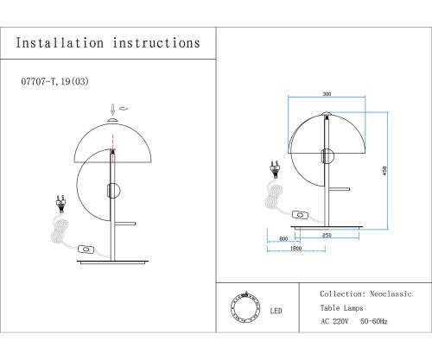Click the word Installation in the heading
(x=60, y=43)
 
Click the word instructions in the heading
(x=156, y=43)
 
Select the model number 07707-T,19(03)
(x=54, y=81)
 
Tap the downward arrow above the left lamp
(x=113, y=110)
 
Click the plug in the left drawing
(x=60, y=203)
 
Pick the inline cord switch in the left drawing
(x=86, y=249)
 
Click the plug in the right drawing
(x=275, y=169)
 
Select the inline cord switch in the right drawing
(x=300, y=215)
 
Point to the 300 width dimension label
(x=327, y=94)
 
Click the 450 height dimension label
(x=384, y=171)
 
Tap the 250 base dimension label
(x=327, y=235)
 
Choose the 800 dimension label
(x=283, y=239)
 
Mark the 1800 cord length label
(x=295, y=248)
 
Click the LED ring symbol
(x=245, y=307)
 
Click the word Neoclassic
(x=391, y=294)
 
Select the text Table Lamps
(x=342, y=308)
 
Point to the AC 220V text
(x=334, y=321)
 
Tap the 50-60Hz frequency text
(x=374, y=321)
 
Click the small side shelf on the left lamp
(x=125, y=224)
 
